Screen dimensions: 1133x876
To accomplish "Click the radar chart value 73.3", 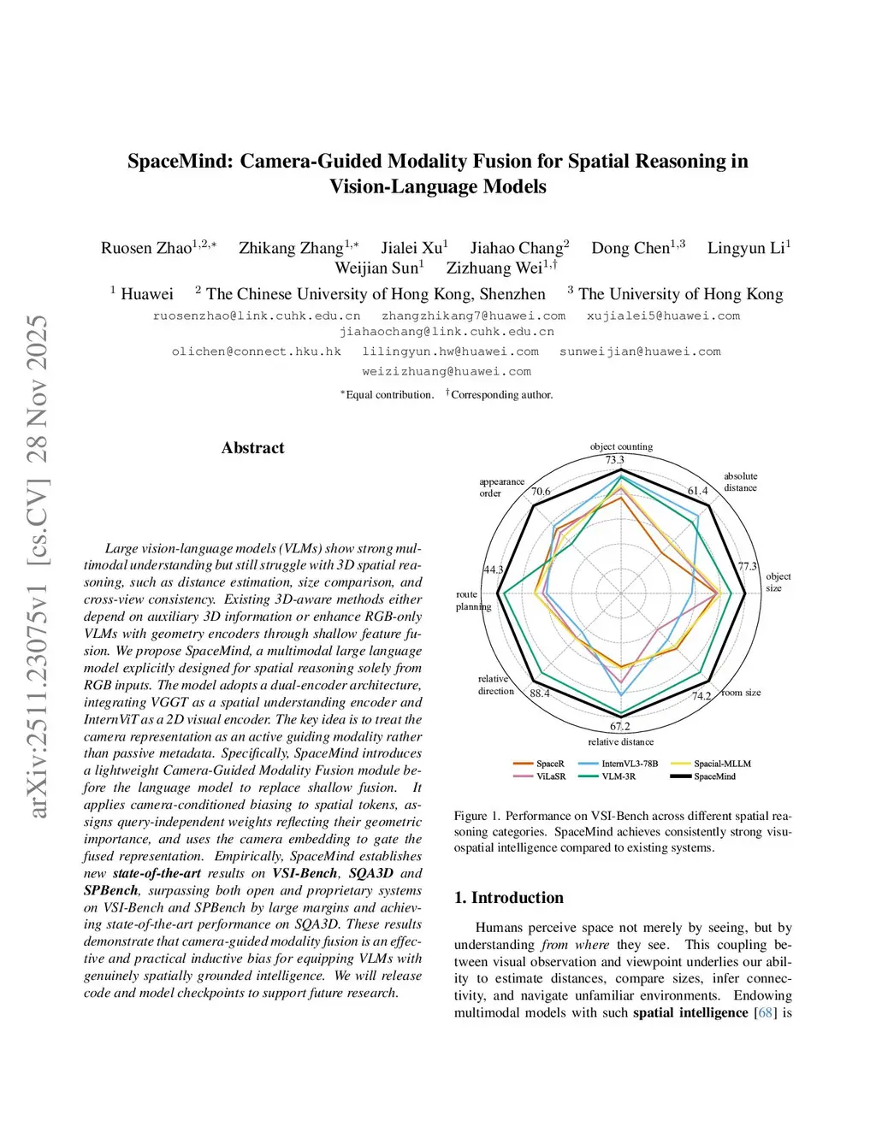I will tap(615, 460).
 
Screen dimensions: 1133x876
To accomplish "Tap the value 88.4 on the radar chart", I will tap(540, 693).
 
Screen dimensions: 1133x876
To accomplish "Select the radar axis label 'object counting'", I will tap(621, 446).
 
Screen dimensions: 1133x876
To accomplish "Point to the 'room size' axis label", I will tap(741, 693).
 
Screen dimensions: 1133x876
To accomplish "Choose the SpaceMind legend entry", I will tap(714, 776).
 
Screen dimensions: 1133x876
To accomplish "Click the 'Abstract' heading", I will tap(252, 448).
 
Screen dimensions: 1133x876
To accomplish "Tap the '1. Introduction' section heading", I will tap(509, 898).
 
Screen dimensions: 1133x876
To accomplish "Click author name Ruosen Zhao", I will tap(146, 248).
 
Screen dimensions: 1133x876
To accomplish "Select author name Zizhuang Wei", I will tap(494, 268).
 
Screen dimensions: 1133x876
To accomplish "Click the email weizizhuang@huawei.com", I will tap(447, 372).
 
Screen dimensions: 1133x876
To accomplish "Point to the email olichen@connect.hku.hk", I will tap(257, 351).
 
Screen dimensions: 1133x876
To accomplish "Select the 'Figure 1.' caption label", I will tap(476, 816).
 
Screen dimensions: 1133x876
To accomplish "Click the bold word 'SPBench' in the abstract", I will tap(110, 890).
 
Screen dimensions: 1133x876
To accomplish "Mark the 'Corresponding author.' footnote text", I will tap(501, 395).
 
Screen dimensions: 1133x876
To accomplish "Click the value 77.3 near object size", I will tap(748, 567).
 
